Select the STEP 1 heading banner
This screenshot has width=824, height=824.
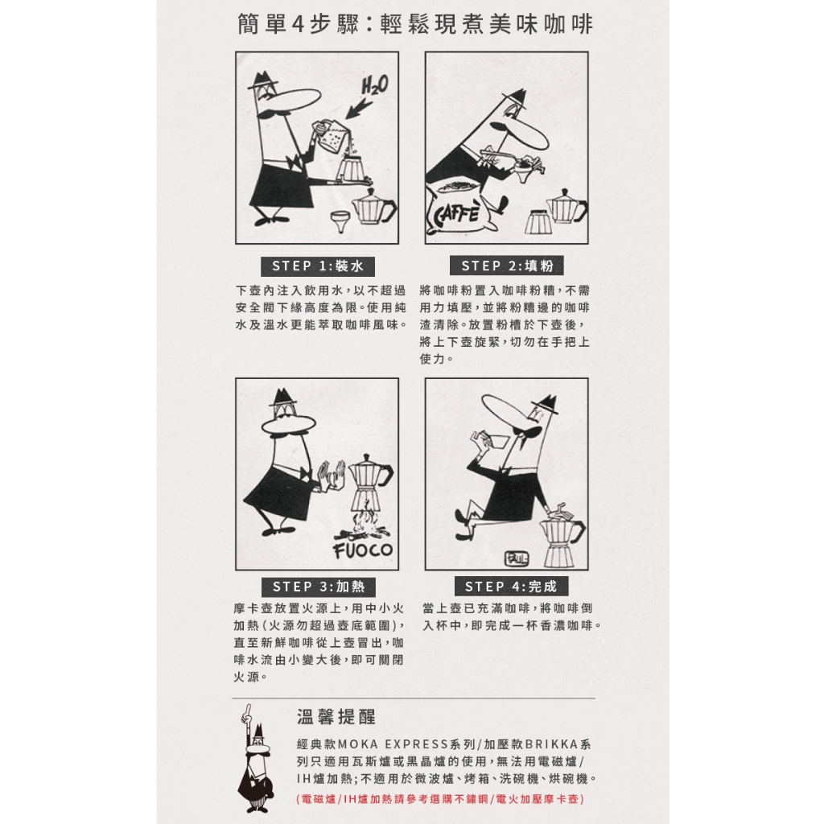tap(318, 266)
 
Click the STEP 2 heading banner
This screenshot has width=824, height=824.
tap(507, 266)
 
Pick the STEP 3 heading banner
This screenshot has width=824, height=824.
tap(318, 587)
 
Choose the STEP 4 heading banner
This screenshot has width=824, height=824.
tap(511, 587)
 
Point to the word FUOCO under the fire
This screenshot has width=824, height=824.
tap(363, 550)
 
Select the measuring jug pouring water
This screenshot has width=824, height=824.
tap(330, 135)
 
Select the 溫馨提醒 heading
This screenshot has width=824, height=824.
tap(337, 716)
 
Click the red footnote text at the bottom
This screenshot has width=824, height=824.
tap(440, 799)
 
